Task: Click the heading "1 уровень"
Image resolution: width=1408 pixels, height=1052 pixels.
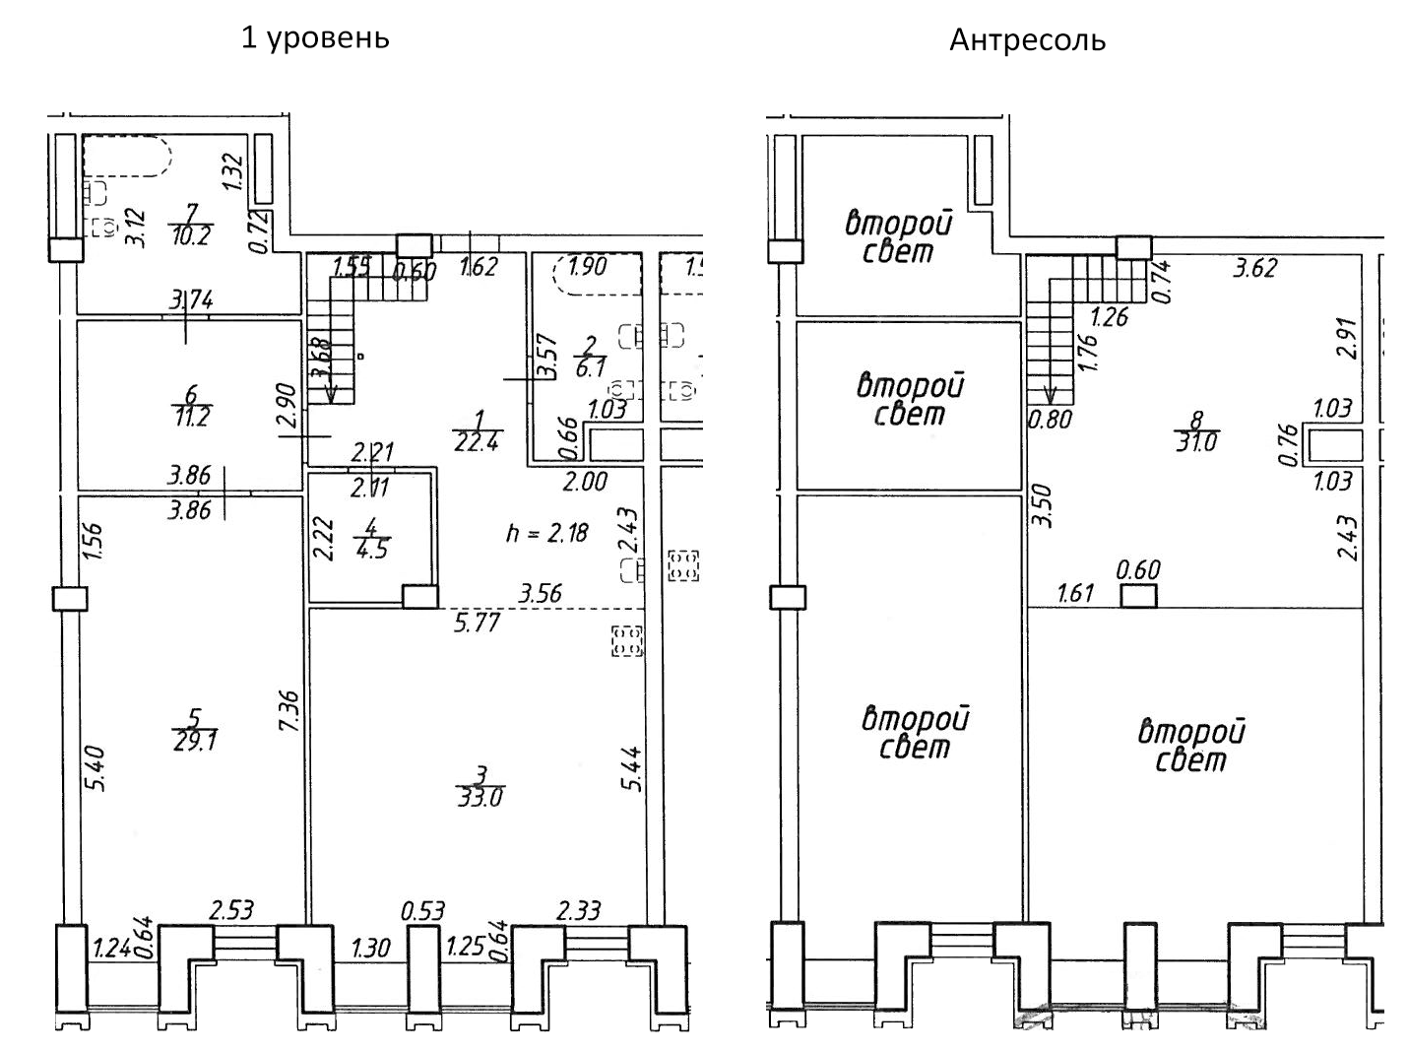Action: coord(315,37)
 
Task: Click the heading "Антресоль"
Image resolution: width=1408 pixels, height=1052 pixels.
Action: coord(1027,40)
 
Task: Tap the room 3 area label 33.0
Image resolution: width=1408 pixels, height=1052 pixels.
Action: coord(480,796)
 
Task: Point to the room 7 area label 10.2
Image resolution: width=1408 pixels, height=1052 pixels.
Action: coord(190,235)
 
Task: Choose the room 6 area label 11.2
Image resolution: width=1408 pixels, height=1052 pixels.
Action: coord(191,416)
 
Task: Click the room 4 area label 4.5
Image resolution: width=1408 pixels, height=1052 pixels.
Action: coord(371,549)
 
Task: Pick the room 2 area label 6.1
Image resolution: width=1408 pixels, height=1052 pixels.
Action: coord(590,368)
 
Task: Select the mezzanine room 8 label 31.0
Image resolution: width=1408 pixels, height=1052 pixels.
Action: coord(1196,442)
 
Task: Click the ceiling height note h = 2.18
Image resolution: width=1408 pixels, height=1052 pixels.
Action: coord(546,533)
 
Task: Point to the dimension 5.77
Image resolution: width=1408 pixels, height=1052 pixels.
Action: coord(477,622)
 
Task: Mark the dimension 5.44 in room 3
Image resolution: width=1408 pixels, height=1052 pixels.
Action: coord(632,768)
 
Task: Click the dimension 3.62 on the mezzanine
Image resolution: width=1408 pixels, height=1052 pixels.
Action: coord(1254,268)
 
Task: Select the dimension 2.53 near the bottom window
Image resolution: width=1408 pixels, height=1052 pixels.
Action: coord(231,910)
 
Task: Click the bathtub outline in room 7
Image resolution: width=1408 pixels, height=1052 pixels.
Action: coord(127,156)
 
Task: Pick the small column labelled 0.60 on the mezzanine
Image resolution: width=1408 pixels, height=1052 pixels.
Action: coord(1139,595)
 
